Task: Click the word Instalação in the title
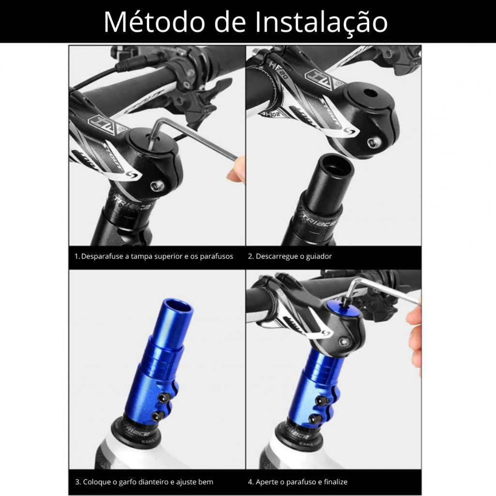tap(321, 22)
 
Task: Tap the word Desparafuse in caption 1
tap(102, 257)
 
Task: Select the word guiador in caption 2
tap(319, 257)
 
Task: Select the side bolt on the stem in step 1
tap(157, 186)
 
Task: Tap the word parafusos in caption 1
tap(217, 257)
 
